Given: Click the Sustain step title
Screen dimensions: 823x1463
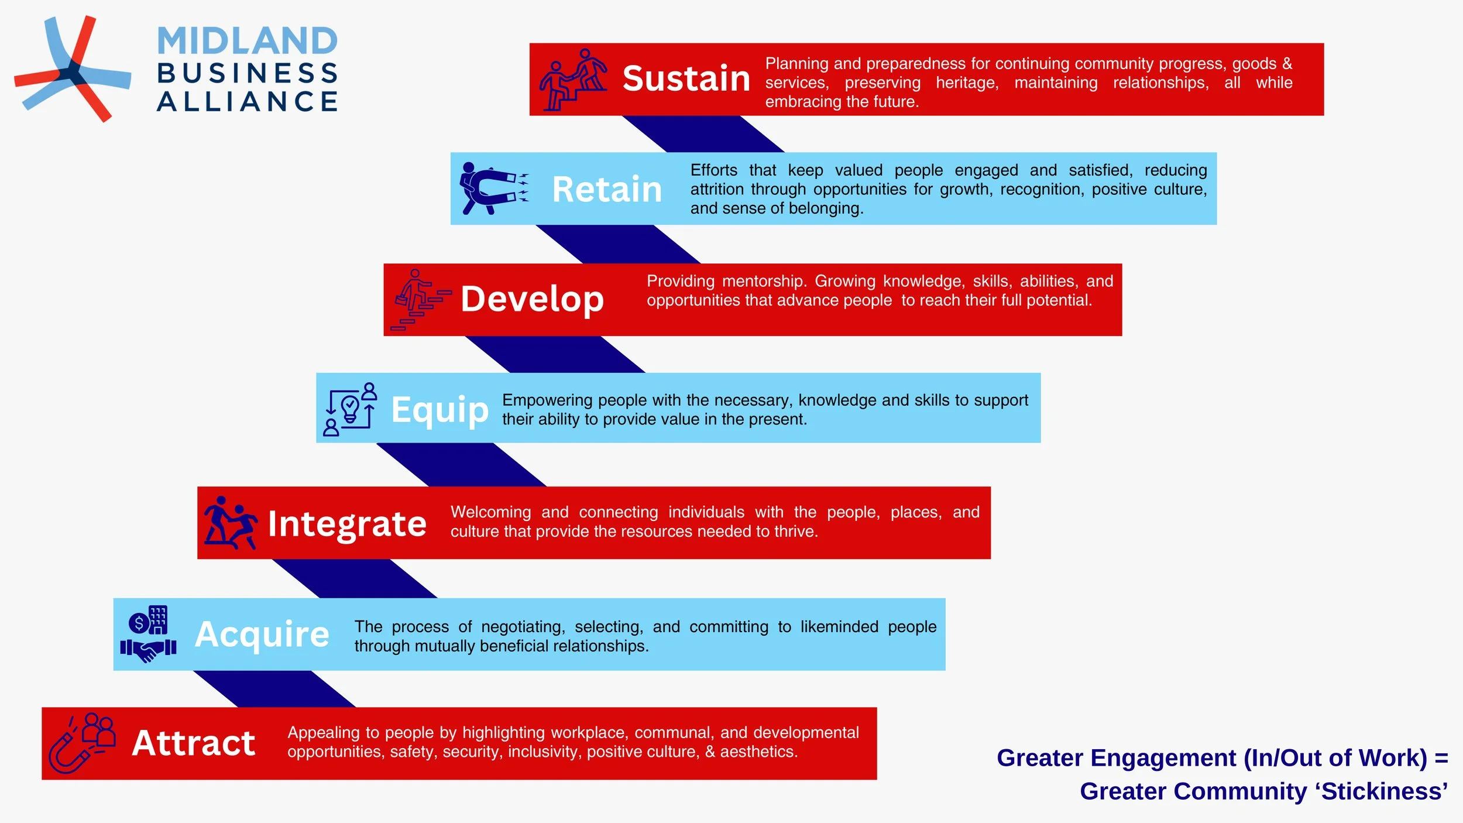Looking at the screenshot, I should [x=686, y=79].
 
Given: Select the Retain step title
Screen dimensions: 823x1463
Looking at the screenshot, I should [x=607, y=190].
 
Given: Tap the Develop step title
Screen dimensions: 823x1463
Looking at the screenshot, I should [x=532, y=300].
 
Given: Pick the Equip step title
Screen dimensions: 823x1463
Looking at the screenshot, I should [x=439, y=410].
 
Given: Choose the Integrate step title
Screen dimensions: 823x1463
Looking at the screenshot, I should [x=347, y=524].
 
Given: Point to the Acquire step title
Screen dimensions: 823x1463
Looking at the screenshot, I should [x=262, y=634].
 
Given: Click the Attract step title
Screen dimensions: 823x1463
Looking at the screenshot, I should [x=194, y=743].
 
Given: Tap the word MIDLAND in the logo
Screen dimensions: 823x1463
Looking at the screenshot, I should [x=247, y=41].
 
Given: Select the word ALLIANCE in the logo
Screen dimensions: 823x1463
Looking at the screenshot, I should [x=247, y=101].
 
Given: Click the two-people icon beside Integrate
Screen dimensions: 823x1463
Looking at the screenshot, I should [x=231, y=523].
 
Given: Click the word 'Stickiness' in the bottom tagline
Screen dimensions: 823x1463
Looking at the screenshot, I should [x=1384, y=791].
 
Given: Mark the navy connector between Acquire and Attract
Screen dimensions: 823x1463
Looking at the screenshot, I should [x=274, y=689].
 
